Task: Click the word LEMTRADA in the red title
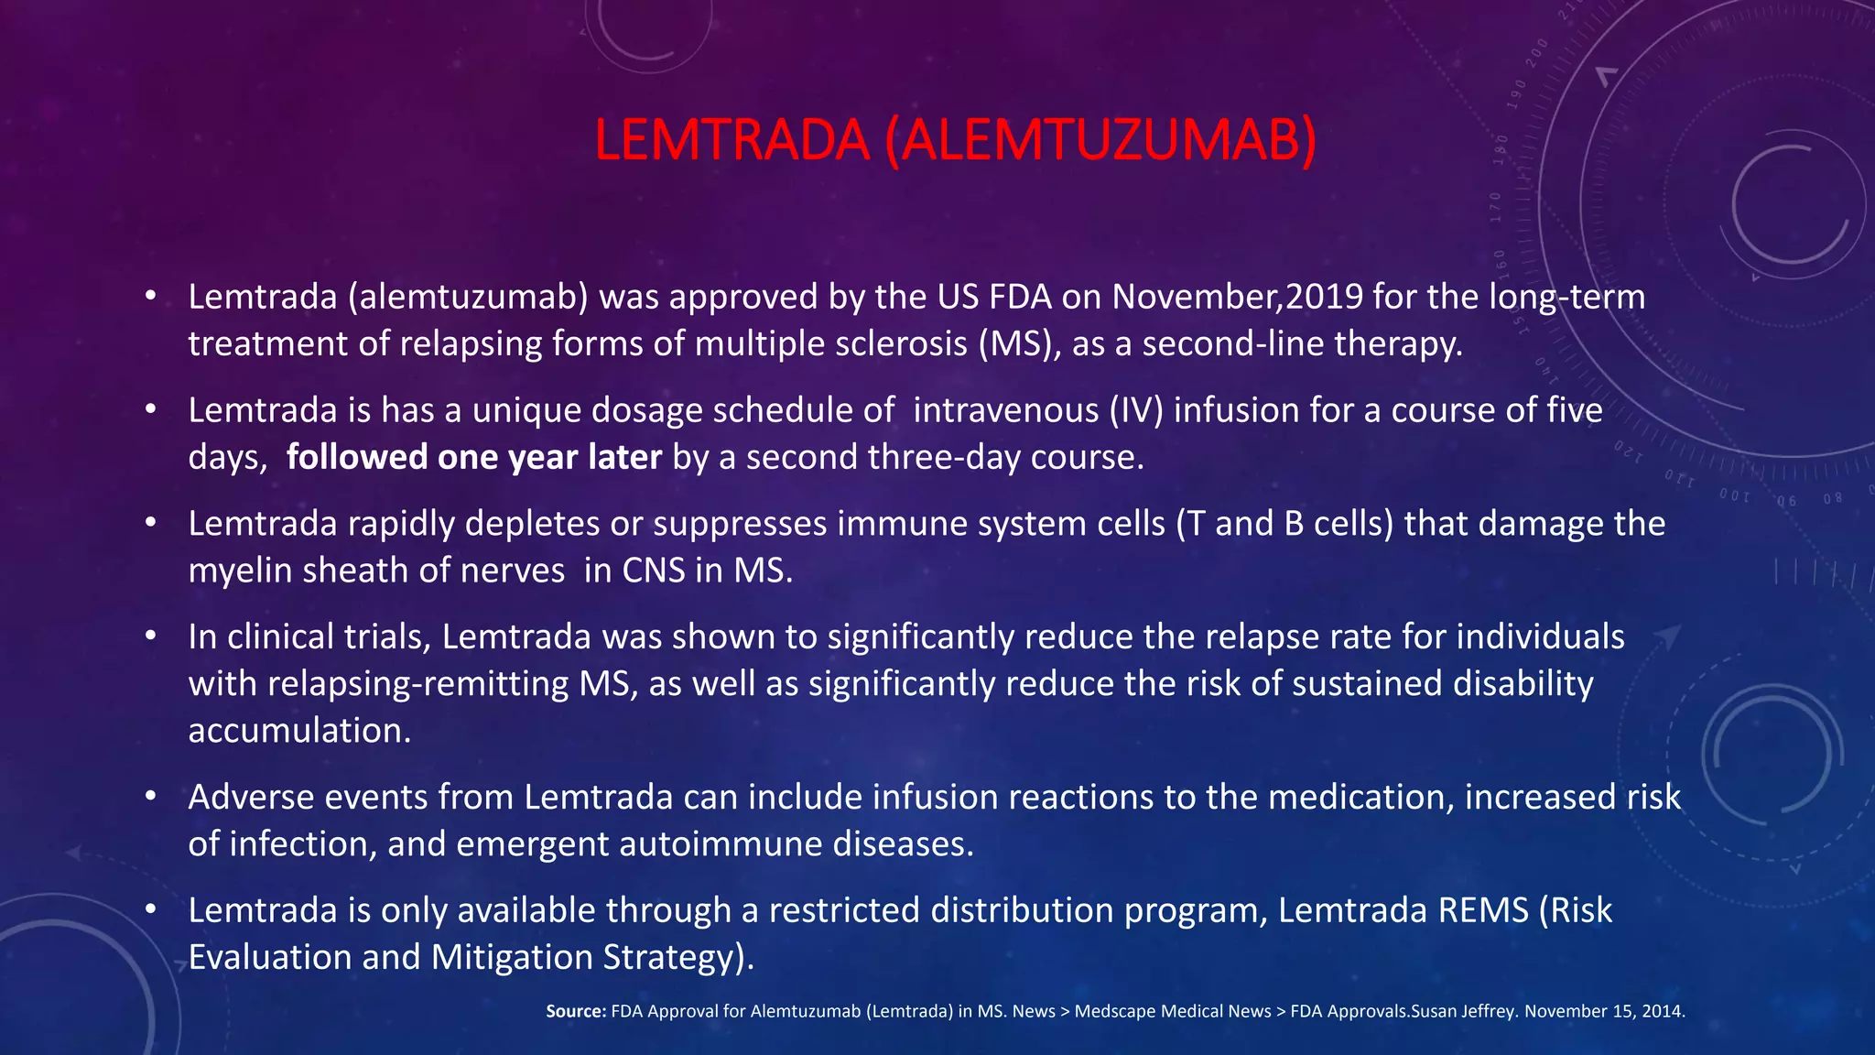[x=731, y=140]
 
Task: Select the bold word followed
[x=356, y=457]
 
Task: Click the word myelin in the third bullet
[x=240, y=571]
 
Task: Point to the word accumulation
[x=299, y=731]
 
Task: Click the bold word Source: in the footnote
[x=576, y=1012]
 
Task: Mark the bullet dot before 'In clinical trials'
[x=151, y=636]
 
